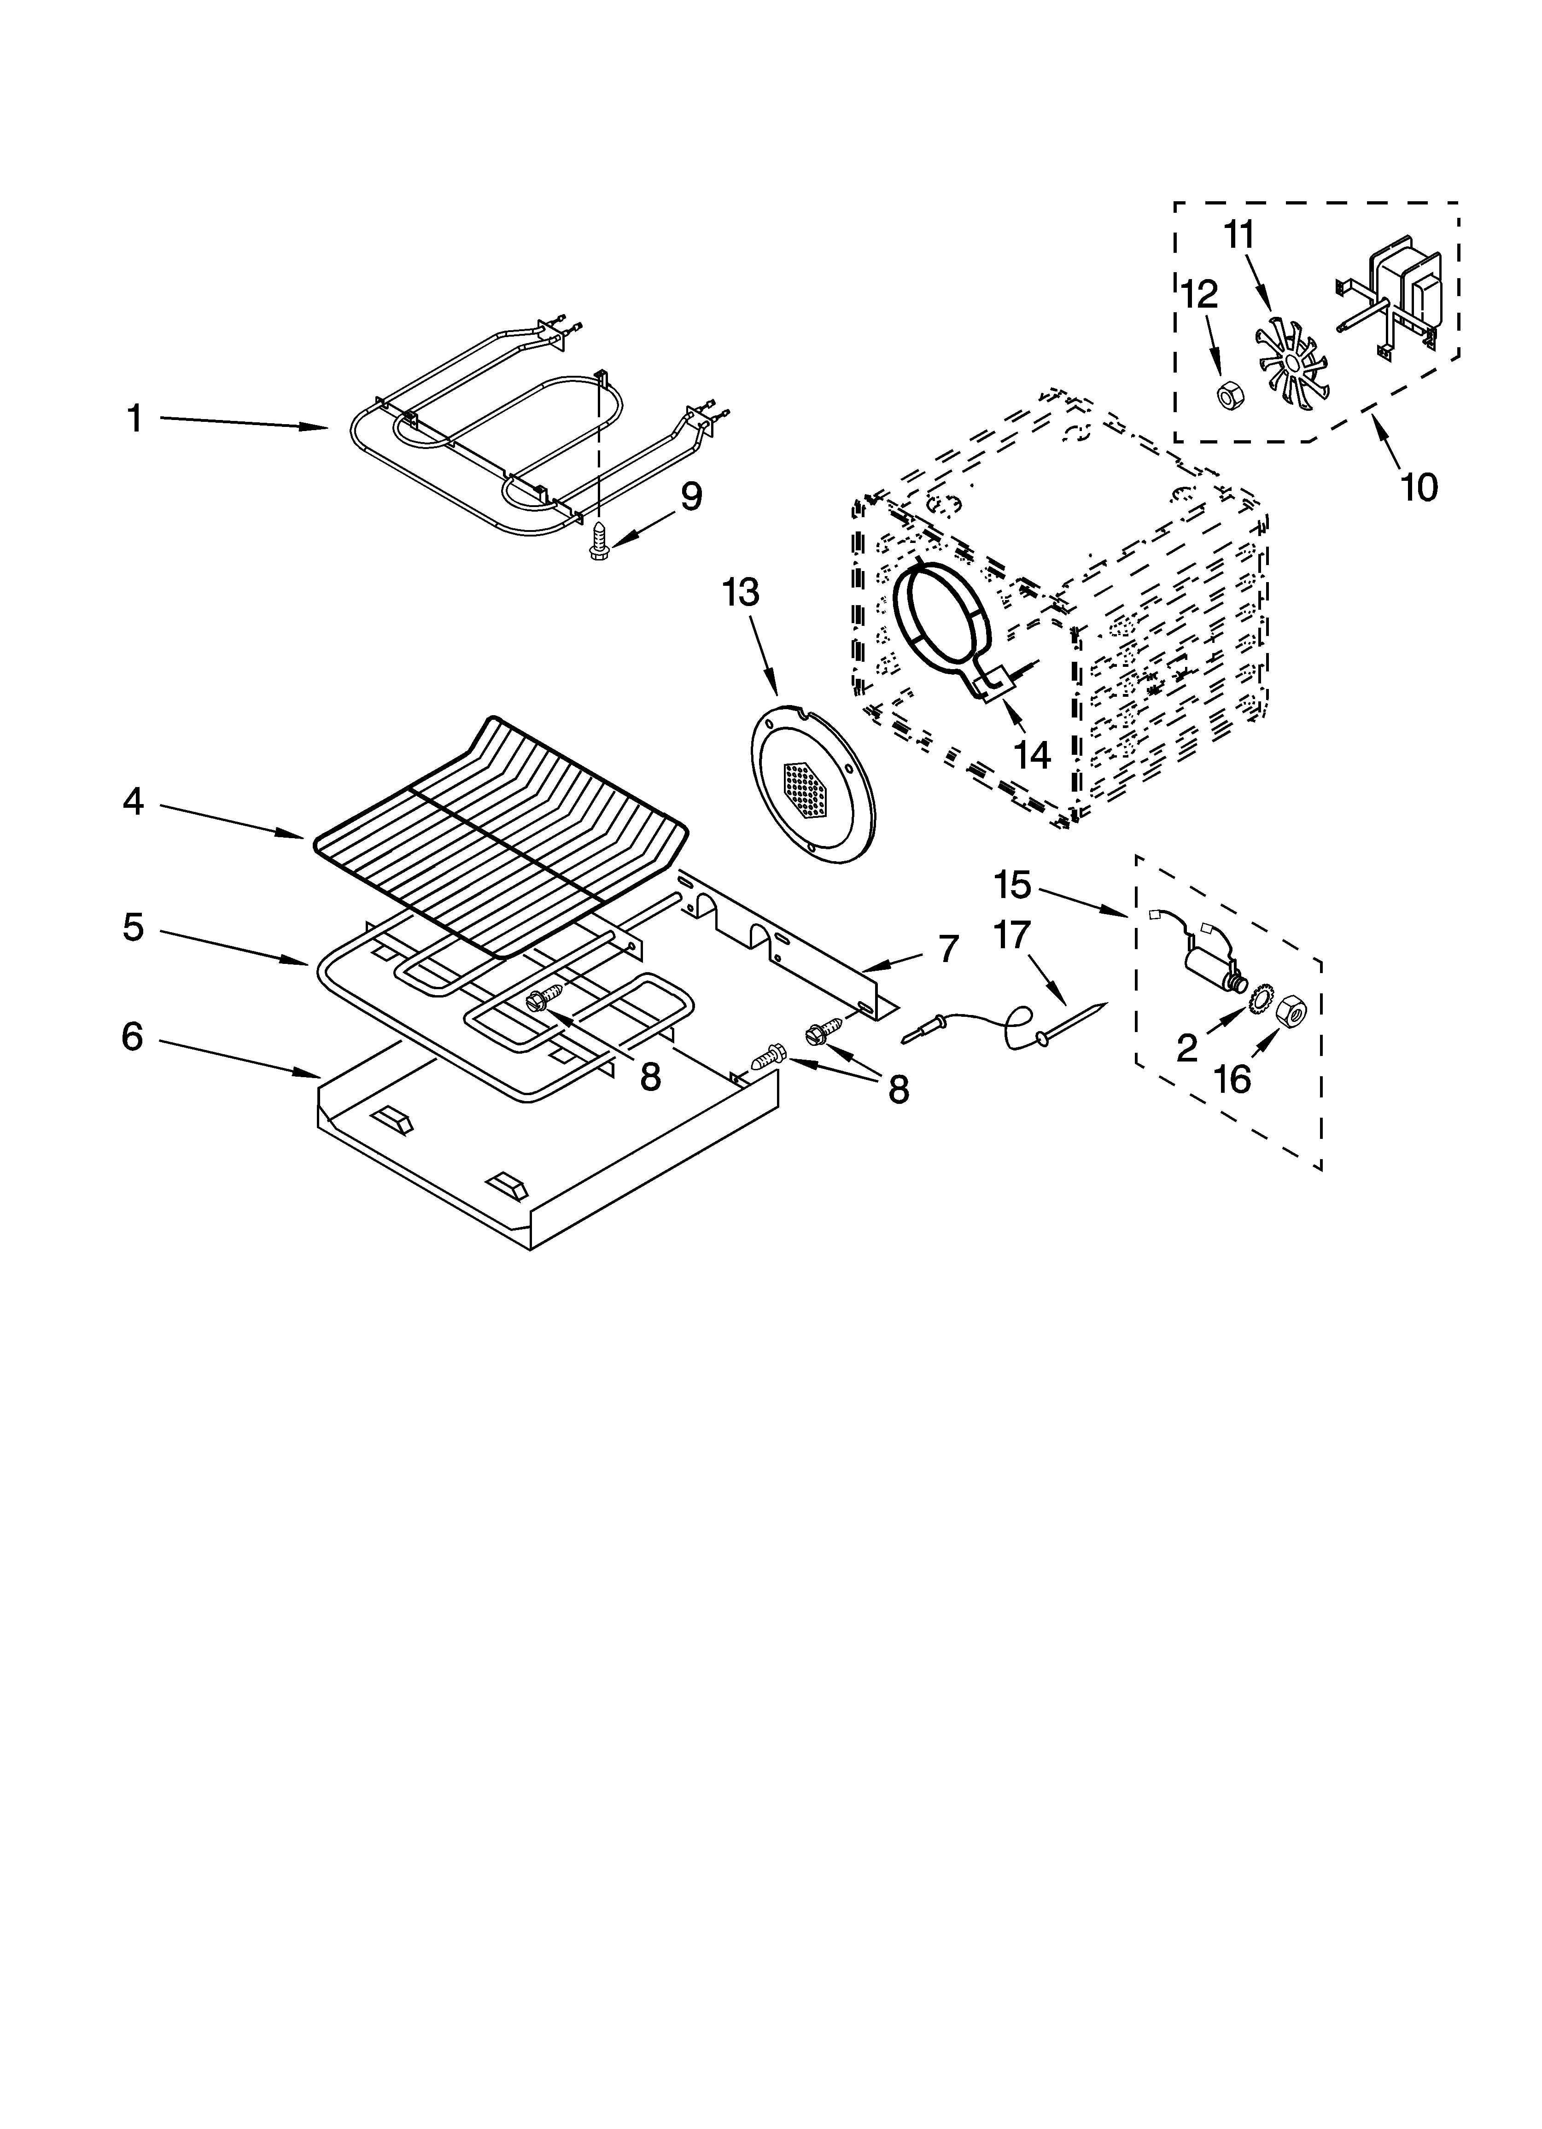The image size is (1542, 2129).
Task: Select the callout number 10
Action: pos(1418,487)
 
